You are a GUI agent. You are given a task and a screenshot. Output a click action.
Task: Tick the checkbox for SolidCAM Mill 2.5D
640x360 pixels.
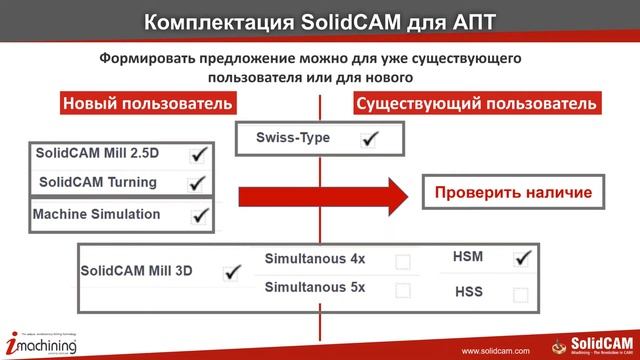click(198, 155)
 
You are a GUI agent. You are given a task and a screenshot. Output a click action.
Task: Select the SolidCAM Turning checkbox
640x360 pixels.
click(197, 183)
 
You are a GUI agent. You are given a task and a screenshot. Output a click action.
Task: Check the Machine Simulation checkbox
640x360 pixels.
click(198, 215)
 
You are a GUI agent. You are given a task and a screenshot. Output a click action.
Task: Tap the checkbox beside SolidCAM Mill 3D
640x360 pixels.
click(232, 270)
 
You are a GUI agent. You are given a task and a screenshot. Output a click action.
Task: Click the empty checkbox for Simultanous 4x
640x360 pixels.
click(403, 262)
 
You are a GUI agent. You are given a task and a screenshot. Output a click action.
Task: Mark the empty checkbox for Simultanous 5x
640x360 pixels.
click(403, 291)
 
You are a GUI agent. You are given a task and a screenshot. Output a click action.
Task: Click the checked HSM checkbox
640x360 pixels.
click(520, 259)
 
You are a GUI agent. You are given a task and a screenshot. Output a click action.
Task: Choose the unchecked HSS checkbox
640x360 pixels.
click(520, 295)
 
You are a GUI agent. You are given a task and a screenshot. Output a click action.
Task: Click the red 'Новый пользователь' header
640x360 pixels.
click(148, 104)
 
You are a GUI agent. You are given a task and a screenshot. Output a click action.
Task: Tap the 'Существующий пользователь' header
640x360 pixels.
click(477, 104)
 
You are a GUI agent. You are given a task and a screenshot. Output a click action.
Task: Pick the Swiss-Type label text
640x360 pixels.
click(292, 138)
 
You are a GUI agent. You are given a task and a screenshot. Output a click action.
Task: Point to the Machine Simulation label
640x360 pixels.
click(96, 214)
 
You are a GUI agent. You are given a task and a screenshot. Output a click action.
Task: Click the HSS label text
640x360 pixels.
click(469, 293)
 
